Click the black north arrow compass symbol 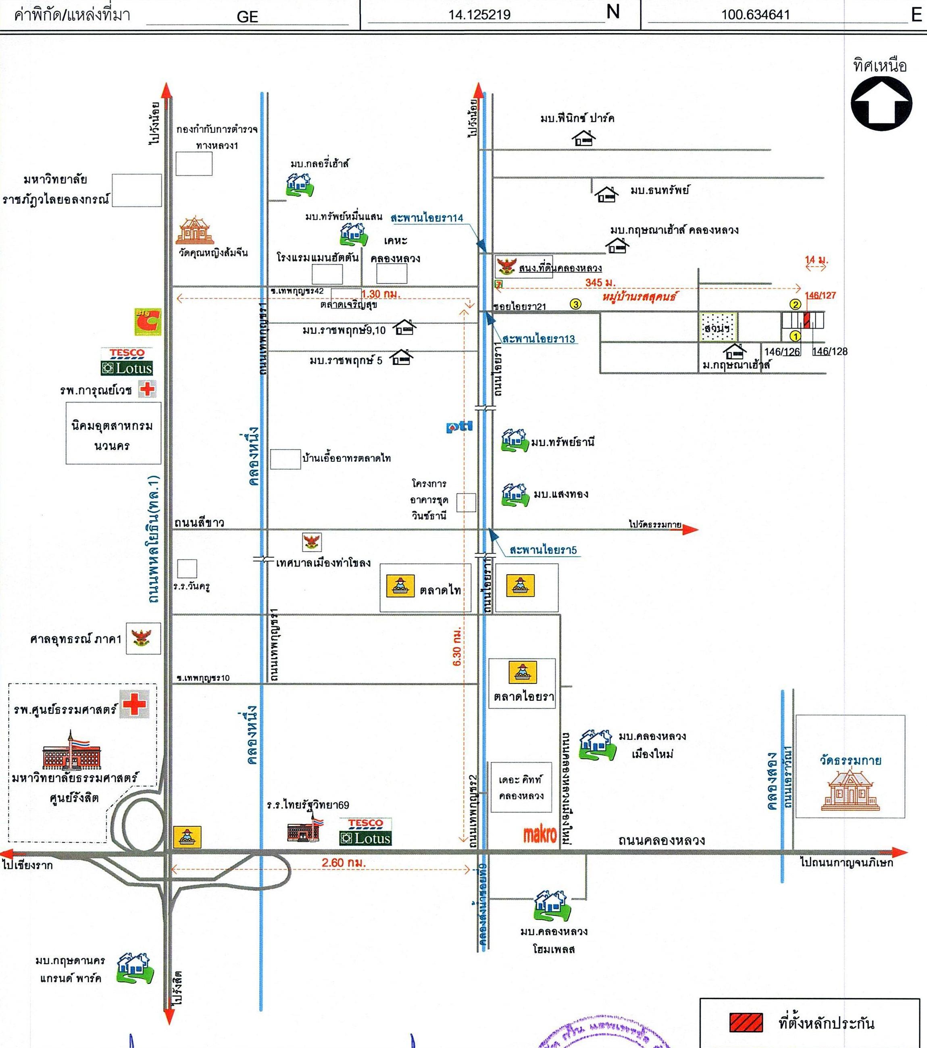click(881, 104)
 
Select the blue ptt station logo click(459, 427)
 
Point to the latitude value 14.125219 click(479, 15)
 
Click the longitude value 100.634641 click(755, 15)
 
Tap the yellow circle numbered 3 click(576, 304)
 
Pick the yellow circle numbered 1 click(795, 336)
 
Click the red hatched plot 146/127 click(806, 320)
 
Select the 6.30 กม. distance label click(457, 646)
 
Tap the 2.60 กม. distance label click(344, 863)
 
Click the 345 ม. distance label click(600, 283)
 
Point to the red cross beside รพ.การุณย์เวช click(147, 389)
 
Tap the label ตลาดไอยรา click(523, 697)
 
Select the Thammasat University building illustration click(71, 751)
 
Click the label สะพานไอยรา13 click(538, 339)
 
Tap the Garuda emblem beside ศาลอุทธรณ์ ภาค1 click(143, 638)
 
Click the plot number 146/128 click(829, 352)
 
